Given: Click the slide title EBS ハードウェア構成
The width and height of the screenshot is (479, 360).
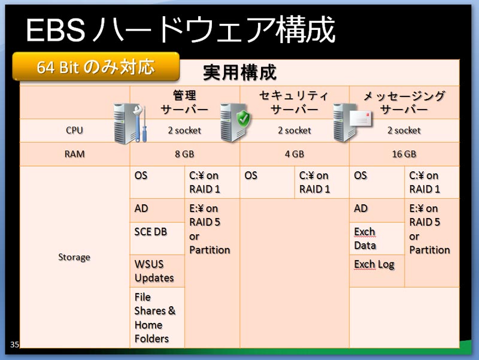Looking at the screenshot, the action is pyautogui.click(x=181, y=29).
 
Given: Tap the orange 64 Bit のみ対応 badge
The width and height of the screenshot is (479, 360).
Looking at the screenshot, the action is pyautogui.click(x=96, y=66).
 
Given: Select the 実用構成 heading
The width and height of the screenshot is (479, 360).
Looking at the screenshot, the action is pyautogui.click(x=240, y=72).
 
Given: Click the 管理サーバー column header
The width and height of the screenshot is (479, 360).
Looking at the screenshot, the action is pyautogui.click(x=184, y=102).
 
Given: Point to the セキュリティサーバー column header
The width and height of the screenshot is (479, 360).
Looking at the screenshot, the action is pyautogui.click(x=294, y=102).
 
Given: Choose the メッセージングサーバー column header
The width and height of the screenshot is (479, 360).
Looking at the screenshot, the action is pyautogui.click(x=404, y=102).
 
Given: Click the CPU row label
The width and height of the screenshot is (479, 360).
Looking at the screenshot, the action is pyautogui.click(x=74, y=130).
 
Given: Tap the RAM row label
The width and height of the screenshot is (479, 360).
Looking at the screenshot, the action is pyautogui.click(x=74, y=154).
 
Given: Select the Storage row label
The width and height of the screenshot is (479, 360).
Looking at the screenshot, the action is pyautogui.click(x=74, y=257).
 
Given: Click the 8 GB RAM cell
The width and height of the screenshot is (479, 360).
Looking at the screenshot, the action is pyautogui.click(x=184, y=154).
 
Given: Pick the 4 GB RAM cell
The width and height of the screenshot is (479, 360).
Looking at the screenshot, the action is pyautogui.click(x=295, y=154).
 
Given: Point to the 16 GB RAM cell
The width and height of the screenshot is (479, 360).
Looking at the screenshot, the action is pyautogui.click(x=404, y=154).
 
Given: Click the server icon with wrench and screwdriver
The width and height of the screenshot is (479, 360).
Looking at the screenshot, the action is pyautogui.click(x=130, y=123).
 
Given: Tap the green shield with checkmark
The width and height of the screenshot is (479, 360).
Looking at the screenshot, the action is pyautogui.click(x=244, y=119).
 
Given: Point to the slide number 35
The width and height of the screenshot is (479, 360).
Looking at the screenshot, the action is pyautogui.click(x=14, y=344).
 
